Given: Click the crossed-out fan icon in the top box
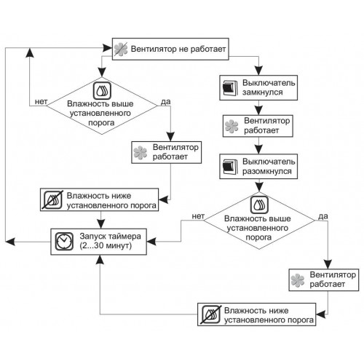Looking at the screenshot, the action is click(x=121, y=50).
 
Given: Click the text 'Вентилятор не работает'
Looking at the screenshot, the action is click(x=178, y=49).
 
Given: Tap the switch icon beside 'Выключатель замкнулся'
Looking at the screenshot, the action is click(x=230, y=88).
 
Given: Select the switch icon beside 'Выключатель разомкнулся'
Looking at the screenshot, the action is click(x=230, y=167).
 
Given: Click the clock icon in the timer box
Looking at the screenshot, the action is click(x=64, y=242).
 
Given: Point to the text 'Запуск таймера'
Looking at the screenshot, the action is click(x=110, y=236).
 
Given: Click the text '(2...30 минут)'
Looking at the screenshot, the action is click(x=106, y=245).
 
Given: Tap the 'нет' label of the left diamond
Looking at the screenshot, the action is click(x=41, y=102).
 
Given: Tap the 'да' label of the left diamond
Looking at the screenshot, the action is click(x=166, y=102).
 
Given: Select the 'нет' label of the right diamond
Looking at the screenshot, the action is click(x=198, y=216).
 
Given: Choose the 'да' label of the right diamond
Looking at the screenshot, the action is click(x=323, y=216).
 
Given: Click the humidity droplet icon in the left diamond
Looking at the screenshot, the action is click(x=102, y=90).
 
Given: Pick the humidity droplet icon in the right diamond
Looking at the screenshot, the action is click(x=259, y=205).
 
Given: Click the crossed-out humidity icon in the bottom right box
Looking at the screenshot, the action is click(x=211, y=314).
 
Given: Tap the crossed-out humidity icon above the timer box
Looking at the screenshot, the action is click(x=53, y=200).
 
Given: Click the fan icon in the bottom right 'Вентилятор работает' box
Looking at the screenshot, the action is click(x=297, y=280).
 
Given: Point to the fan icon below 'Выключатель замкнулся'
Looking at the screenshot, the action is click(x=232, y=126).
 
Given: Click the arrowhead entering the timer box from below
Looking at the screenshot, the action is click(x=100, y=260).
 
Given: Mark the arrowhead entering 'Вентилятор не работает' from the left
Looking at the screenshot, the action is click(x=107, y=48).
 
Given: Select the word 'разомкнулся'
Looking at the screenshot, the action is click(x=267, y=171).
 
